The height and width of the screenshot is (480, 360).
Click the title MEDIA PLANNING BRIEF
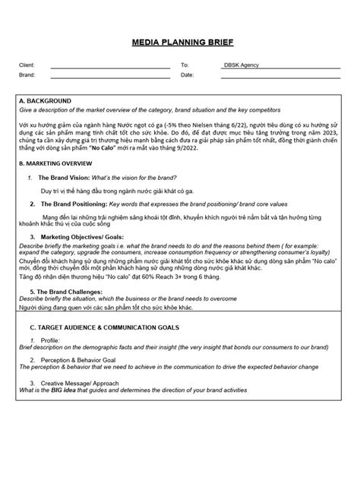point(179,45)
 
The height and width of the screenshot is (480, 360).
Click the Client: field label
point(27,66)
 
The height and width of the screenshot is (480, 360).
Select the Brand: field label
point(27,75)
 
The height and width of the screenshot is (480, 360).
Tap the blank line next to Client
point(110,67)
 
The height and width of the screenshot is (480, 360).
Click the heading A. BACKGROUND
point(45,100)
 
